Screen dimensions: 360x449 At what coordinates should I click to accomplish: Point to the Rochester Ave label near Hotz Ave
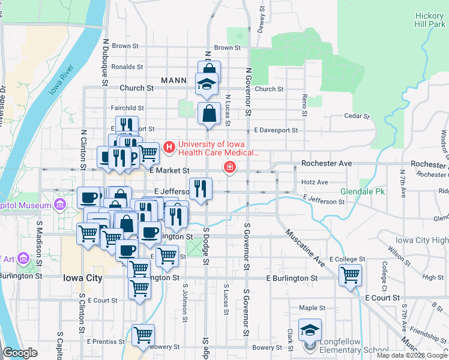click(x=327, y=163)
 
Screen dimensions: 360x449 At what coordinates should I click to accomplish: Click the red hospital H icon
click(x=169, y=146)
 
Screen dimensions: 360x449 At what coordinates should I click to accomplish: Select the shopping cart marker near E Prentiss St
click(x=143, y=334)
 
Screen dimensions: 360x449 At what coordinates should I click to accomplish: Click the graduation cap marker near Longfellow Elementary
click(x=310, y=329)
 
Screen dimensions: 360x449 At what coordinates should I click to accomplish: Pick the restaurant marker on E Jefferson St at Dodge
click(x=200, y=188)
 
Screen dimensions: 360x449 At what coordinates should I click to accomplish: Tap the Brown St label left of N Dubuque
click(x=125, y=46)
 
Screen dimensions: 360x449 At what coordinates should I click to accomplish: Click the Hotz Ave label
click(x=315, y=182)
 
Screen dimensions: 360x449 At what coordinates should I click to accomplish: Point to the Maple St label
click(x=312, y=308)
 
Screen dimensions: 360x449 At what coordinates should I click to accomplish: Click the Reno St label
click(x=305, y=104)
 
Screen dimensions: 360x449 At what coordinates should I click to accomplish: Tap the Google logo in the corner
click(x=20, y=353)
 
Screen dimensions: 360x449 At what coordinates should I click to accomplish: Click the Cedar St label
click(x=355, y=116)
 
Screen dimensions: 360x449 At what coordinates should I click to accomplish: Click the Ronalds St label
click(x=127, y=67)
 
